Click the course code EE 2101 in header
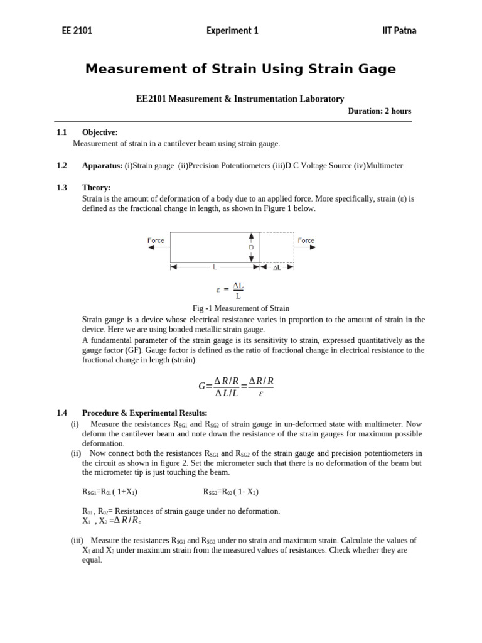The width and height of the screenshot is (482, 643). [x=76, y=30]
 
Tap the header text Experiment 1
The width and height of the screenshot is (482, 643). [x=232, y=30]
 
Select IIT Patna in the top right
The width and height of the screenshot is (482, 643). [x=399, y=30]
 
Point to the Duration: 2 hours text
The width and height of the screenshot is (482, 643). [x=380, y=111]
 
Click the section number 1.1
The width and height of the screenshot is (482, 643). [x=62, y=132]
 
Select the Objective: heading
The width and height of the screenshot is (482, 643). [x=100, y=132]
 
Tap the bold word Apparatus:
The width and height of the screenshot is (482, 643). [x=102, y=166]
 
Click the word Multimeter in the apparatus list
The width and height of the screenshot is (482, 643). [x=380, y=166]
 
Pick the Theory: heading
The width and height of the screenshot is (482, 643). [x=96, y=188]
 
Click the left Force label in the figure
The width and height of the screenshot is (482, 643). [x=156, y=240]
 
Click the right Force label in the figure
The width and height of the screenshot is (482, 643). [x=306, y=240]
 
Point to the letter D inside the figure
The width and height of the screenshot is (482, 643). [x=251, y=247]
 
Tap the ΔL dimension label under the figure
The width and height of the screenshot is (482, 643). [x=277, y=267]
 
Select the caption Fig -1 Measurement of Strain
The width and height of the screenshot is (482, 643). [x=240, y=308]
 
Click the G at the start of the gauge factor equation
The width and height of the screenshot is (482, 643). [x=201, y=387]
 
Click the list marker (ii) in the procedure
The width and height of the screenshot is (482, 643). [x=75, y=453]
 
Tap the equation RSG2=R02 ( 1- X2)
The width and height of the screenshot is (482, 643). [x=231, y=492]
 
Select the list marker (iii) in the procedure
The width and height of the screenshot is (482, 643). [x=77, y=541]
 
